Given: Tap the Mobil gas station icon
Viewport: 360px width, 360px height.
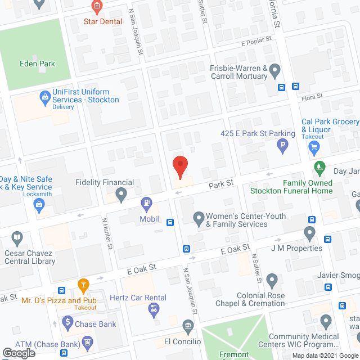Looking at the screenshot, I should tap(146, 201).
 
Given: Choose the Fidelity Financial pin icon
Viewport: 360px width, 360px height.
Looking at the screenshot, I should tap(121, 195).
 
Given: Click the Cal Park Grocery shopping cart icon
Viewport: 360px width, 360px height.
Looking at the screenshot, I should tap(314, 148).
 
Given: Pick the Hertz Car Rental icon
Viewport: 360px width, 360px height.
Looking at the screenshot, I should tap(153, 308).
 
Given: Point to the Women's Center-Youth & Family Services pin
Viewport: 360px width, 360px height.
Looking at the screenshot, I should tap(198, 217).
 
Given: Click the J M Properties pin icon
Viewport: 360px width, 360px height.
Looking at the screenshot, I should tap(309, 232).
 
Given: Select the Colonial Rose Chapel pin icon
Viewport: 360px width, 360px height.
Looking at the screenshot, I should tap(272, 280).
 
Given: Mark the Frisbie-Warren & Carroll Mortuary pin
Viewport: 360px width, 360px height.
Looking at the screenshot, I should tap(274, 70).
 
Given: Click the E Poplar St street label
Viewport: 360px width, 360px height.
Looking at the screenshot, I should tap(256, 40).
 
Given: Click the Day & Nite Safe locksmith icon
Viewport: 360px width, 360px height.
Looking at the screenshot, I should tap(39, 205).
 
